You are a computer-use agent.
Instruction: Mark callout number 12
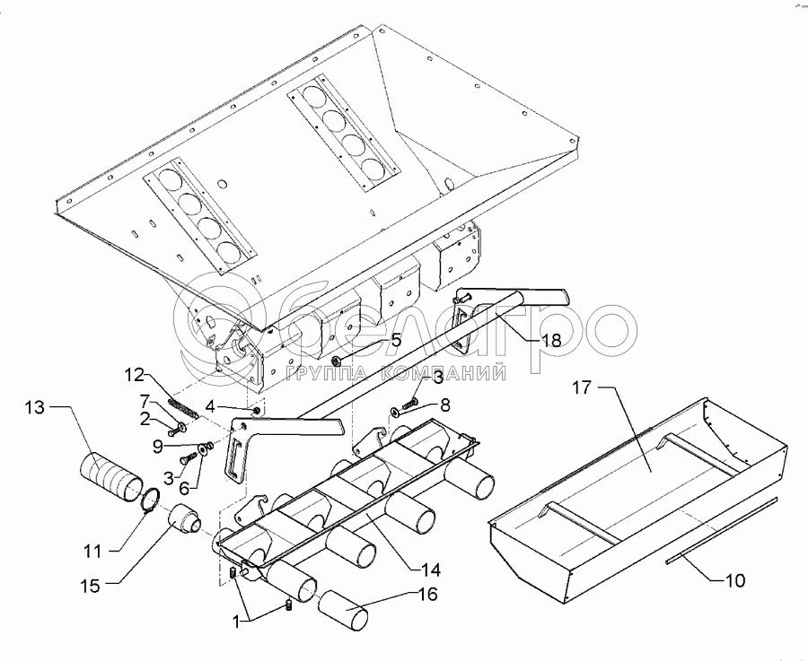tap(133, 374)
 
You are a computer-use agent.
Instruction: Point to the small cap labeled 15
tap(187, 520)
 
